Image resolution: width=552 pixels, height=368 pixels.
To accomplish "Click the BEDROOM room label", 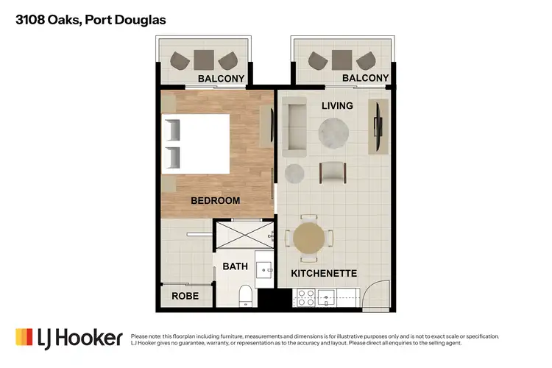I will [x=215, y=200].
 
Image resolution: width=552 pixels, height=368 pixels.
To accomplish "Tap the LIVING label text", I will [x=337, y=106].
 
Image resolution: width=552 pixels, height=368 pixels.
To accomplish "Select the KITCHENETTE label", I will [x=324, y=273].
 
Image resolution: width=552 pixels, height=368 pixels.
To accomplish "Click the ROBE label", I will [x=184, y=296].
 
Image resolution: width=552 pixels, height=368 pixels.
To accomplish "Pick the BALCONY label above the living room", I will [x=366, y=78].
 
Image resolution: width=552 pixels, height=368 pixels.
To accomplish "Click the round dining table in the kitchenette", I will [x=308, y=238].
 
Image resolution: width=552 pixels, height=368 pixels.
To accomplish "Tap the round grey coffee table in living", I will [x=333, y=132].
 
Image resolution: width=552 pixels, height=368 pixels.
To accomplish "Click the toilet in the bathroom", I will [x=247, y=297].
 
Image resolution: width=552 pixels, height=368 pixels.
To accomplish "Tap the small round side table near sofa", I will [x=294, y=173].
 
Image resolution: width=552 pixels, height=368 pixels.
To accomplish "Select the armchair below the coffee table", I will [x=333, y=172].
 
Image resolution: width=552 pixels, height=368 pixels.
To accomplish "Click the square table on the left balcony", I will [x=204, y=59].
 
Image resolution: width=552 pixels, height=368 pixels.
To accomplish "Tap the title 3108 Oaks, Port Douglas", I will [x=91, y=20].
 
